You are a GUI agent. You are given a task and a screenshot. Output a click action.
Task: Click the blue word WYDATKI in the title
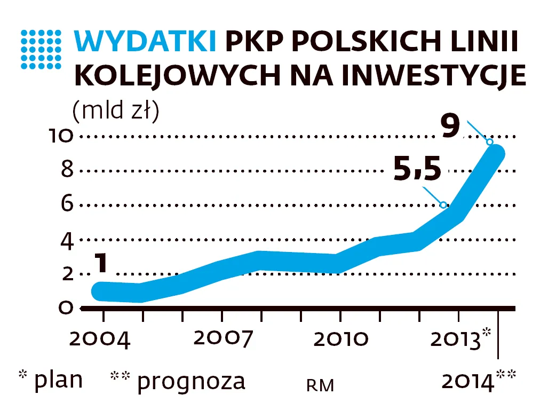[x=146, y=42]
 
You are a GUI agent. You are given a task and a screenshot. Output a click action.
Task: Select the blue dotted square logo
[x=41, y=49]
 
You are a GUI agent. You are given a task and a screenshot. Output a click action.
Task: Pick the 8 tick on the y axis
[x=67, y=171]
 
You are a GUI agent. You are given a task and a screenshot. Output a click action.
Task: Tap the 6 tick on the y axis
[x=67, y=205]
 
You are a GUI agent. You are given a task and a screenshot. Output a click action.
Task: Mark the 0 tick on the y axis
[x=66, y=308]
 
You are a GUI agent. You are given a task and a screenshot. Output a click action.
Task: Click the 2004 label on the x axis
[x=100, y=340]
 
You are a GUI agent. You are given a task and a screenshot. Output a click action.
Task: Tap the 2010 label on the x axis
[x=340, y=340]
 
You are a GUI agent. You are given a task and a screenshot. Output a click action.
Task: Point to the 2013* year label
[x=460, y=339]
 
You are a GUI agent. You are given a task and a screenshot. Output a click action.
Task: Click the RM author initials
[x=320, y=385]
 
